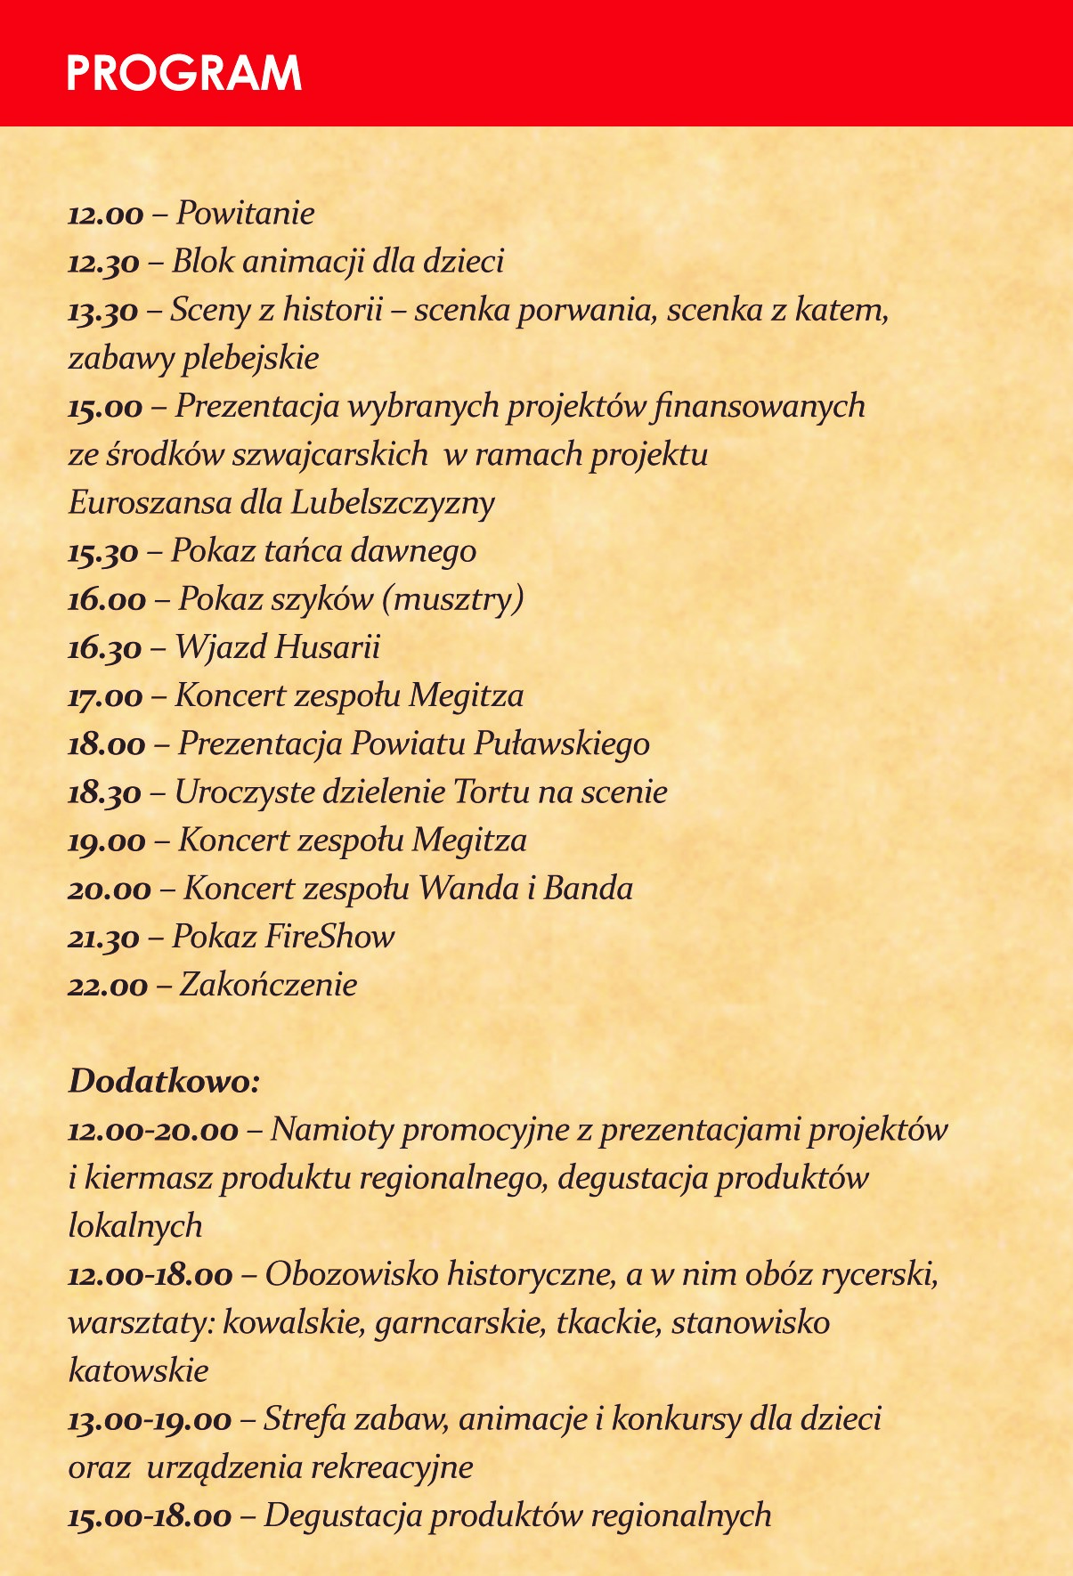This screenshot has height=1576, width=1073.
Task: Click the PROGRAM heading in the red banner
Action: coord(184,74)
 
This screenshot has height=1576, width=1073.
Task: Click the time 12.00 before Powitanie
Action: coord(105,215)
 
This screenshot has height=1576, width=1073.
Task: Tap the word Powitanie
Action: coord(245,214)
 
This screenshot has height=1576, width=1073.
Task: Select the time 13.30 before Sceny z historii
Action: coord(103,312)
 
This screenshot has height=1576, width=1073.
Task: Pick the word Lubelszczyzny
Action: coord(393,504)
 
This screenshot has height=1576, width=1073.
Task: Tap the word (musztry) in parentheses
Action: coord(452,599)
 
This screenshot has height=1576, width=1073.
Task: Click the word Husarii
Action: coord(327,647)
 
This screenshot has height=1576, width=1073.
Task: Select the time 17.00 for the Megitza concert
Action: coord(105,696)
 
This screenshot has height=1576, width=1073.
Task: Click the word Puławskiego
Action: coord(561,743)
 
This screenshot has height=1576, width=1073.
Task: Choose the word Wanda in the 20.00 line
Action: coord(468,889)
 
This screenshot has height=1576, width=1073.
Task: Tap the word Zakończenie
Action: coord(268,985)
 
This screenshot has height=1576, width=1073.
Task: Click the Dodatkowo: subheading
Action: coord(164,1082)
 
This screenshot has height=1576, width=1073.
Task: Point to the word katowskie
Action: coord(138,1371)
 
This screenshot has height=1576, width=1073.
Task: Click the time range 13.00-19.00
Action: coord(150,1420)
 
